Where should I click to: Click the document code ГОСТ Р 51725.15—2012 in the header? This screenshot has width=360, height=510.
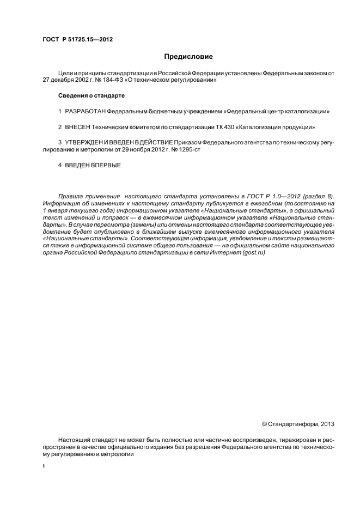coord(73,39)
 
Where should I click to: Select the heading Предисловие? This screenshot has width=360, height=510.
coord(188,56)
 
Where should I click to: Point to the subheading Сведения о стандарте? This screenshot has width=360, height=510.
coord(91,96)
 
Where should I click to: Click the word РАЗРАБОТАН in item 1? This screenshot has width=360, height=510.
coord(85,111)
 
